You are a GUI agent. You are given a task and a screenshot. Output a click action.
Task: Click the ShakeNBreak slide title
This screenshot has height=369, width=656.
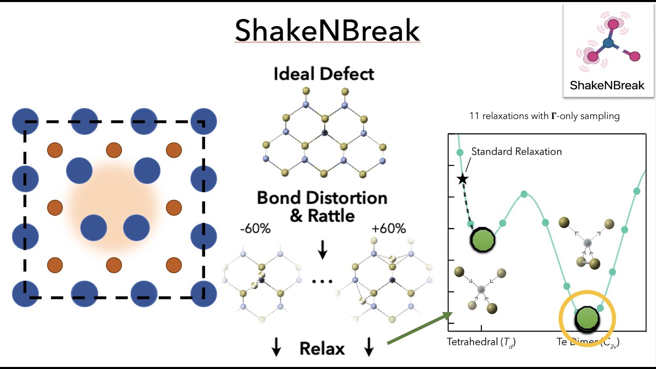tap(327, 31)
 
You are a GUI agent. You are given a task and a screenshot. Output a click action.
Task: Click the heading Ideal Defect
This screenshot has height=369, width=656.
tap(323, 74)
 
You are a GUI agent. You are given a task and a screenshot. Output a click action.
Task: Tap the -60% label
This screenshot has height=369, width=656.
tap(255, 229)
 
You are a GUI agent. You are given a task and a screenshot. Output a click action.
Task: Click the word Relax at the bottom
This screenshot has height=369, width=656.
tap(322, 349)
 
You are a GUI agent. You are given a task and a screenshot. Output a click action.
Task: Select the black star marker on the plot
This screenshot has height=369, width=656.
tap(462, 179)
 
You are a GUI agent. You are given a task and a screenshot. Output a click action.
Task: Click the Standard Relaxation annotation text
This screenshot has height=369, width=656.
tap(516, 151)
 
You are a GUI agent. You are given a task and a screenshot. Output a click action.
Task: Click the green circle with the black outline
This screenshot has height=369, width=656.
tap(482, 239)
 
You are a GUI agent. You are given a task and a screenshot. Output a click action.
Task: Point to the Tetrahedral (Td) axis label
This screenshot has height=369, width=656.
tap(481, 342)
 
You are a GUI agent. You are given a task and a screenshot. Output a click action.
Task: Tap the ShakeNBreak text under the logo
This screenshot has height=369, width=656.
tap(607, 85)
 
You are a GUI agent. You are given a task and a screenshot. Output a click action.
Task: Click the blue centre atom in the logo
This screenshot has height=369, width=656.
tap(609, 44)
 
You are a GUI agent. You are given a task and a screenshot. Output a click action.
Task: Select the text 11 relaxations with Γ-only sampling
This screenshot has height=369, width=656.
tap(544, 116)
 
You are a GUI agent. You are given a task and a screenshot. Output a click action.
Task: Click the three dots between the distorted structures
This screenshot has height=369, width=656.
tap(322, 281)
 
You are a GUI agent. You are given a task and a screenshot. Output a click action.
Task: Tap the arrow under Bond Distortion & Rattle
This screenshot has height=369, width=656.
tap(322, 250)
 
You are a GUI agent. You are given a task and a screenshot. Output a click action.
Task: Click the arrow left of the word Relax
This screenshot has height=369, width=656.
tap(276, 349)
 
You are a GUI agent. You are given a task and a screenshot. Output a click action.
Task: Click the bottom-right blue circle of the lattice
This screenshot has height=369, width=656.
tap(203, 294)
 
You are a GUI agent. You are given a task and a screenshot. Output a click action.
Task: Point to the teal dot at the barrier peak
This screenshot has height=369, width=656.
tap(524, 194)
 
